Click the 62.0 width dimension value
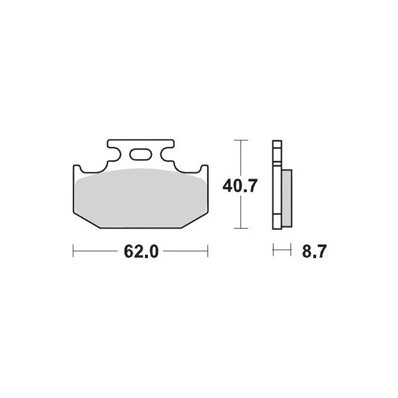tap(141, 251)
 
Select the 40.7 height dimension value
tap(240, 185)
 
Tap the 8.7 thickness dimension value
tap(314, 251)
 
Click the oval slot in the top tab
tap(140, 154)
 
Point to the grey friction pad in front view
tap(140, 198)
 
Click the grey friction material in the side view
tap(287, 198)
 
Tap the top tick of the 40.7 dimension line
tap(241, 140)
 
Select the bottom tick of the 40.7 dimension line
tap(241, 228)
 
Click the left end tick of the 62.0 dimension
tap(73, 251)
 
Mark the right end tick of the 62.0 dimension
tap(208, 251)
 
